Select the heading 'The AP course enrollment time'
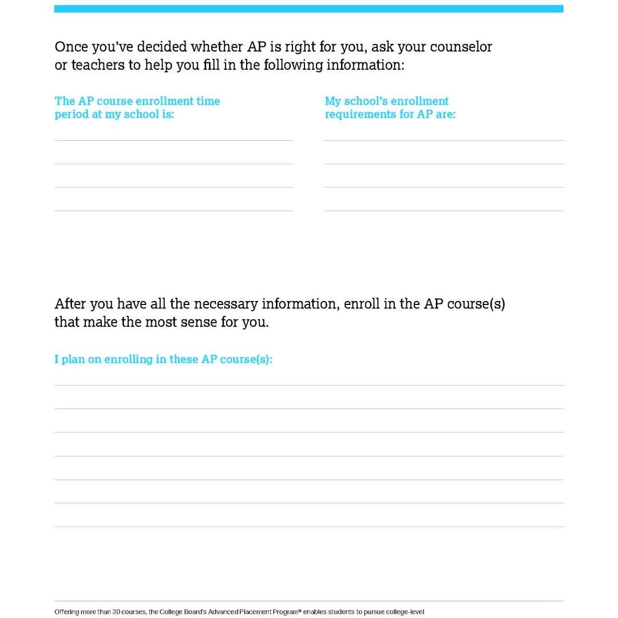pos(137,101)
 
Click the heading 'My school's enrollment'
pos(387,101)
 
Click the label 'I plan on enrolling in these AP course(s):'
pos(163,359)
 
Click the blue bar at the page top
pos(309,9)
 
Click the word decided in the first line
pos(160,47)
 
